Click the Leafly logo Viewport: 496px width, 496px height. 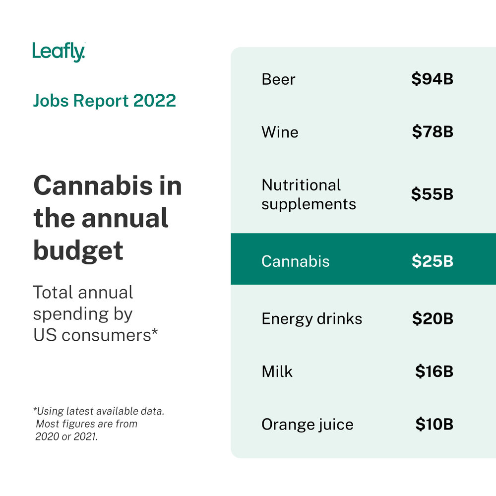(59, 52)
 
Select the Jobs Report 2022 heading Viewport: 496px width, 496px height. (104, 101)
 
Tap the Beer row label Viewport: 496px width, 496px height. (278, 79)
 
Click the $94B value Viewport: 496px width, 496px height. (432, 79)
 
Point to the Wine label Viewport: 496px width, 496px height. (280, 132)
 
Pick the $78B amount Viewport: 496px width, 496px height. (433, 132)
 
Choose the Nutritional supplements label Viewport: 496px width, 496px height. (309, 194)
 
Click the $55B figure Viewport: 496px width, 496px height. (432, 194)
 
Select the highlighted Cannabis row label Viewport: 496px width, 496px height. (295, 261)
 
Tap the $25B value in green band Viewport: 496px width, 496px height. (432, 261)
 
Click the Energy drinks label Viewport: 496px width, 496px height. (311, 318)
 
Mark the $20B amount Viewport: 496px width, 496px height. (433, 318)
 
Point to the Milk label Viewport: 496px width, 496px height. (277, 372)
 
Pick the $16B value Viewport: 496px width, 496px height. (434, 372)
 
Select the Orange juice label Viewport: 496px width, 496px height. (307, 425)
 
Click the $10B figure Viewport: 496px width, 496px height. (434, 425)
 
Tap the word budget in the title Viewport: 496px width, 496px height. (78, 250)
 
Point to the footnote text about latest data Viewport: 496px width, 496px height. (98, 424)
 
